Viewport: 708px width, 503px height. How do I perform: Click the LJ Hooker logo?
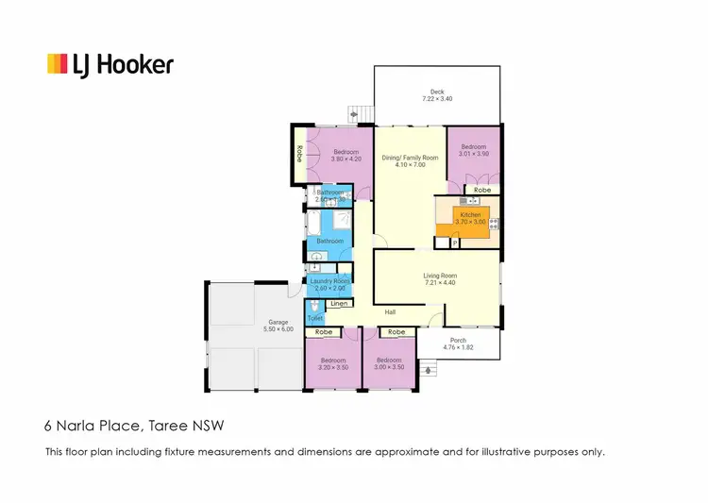tap(110, 64)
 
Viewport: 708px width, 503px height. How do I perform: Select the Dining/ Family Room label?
tap(410, 158)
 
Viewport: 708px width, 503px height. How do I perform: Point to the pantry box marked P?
tap(454, 243)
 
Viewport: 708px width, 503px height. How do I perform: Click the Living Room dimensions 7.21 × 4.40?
tap(439, 283)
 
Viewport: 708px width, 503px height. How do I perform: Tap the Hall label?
tap(390, 312)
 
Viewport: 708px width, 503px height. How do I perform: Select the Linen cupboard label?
tap(339, 304)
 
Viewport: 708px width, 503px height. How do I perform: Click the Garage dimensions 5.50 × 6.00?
tap(279, 328)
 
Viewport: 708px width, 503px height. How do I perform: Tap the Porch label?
tap(458, 340)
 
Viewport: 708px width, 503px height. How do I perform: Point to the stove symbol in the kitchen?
tap(493, 225)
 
